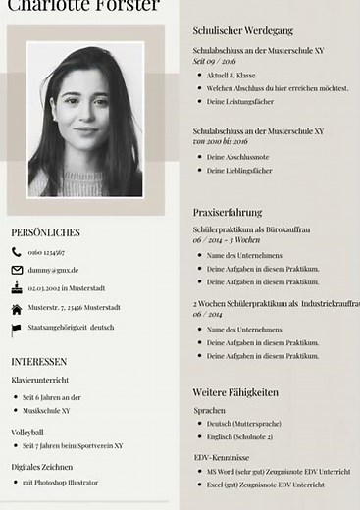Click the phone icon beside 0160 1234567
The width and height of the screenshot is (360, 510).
click(x=17, y=252)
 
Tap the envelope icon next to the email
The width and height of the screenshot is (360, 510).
click(x=17, y=270)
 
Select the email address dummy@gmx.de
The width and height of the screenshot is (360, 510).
click(x=53, y=270)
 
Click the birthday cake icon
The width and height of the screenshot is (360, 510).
click(x=17, y=287)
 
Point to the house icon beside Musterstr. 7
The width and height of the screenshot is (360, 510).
click(x=17, y=307)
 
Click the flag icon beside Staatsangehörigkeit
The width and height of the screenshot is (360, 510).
click(x=17, y=327)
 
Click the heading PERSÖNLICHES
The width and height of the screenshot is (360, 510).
click(x=45, y=232)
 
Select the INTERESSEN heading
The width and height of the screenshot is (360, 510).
click(x=39, y=361)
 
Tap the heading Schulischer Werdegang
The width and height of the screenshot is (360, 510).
click(x=241, y=31)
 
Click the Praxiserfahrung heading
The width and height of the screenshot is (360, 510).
click(x=228, y=212)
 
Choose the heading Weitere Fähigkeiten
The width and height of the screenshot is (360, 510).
click(x=235, y=392)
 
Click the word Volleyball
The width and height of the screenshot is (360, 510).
click(x=27, y=432)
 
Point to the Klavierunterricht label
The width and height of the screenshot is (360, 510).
click(x=40, y=379)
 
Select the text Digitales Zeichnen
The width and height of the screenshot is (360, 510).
click(x=41, y=467)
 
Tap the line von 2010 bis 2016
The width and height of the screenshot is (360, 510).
click(x=220, y=142)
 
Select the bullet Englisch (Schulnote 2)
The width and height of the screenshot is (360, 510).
click(x=239, y=437)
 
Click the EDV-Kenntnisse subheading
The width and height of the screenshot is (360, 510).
click(x=221, y=457)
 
